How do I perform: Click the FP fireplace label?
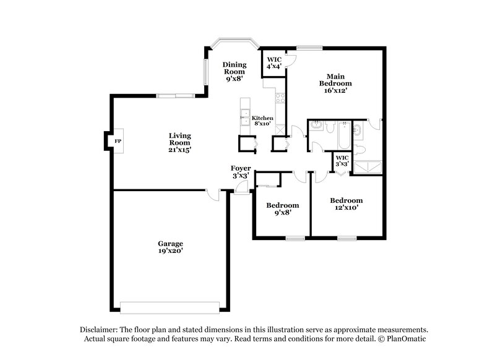[118, 141]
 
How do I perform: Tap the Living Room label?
[181, 142]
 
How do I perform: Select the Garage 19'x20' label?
[170, 247]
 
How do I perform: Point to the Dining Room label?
[235, 71]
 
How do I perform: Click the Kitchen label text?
[262, 118]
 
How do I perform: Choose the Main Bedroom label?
[335, 82]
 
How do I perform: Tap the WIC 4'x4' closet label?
[274, 62]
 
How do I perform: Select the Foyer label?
[241, 172]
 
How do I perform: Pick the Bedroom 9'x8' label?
[283, 208]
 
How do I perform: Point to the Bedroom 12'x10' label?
[346, 204]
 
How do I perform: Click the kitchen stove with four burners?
[280, 98]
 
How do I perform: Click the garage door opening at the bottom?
[170, 307]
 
